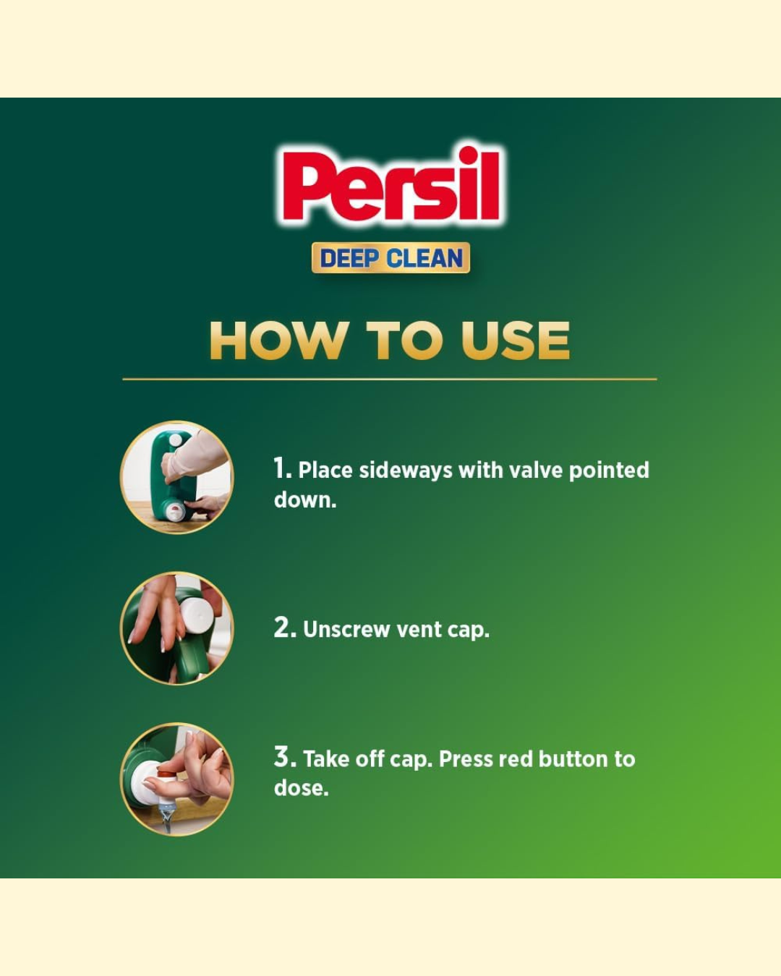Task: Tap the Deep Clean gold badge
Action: click(390, 258)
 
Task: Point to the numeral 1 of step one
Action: click(281, 468)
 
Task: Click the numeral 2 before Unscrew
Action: click(284, 628)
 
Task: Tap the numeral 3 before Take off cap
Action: click(284, 758)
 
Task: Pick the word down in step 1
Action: click(304, 500)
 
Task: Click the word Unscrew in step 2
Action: click(346, 630)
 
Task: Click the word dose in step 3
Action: click(300, 788)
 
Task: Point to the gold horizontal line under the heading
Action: click(390, 379)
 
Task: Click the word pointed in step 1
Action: click(609, 471)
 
